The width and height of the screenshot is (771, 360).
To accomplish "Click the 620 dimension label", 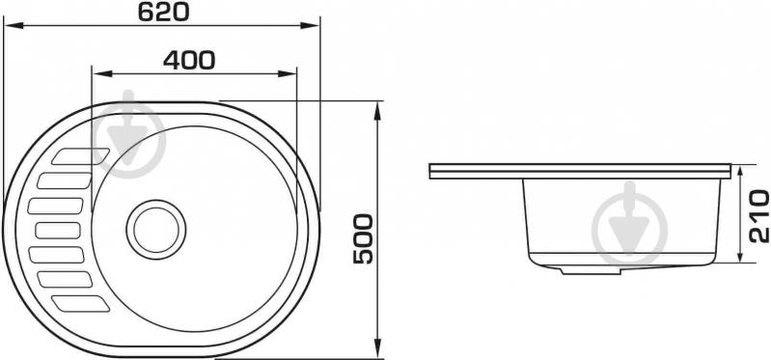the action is (x=163, y=12).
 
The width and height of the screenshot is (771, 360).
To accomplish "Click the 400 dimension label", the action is (x=189, y=60).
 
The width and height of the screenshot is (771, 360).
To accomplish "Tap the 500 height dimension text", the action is (x=364, y=239).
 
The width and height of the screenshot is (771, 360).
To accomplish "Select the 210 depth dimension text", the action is (x=758, y=216).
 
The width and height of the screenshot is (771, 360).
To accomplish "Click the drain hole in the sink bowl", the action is (x=156, y=229).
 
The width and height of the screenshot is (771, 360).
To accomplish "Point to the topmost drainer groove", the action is (x=81, y=156).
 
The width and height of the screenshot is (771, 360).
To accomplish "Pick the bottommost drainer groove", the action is (x=81, y=303).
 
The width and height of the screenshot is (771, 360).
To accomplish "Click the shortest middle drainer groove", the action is (x=58, y=230).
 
